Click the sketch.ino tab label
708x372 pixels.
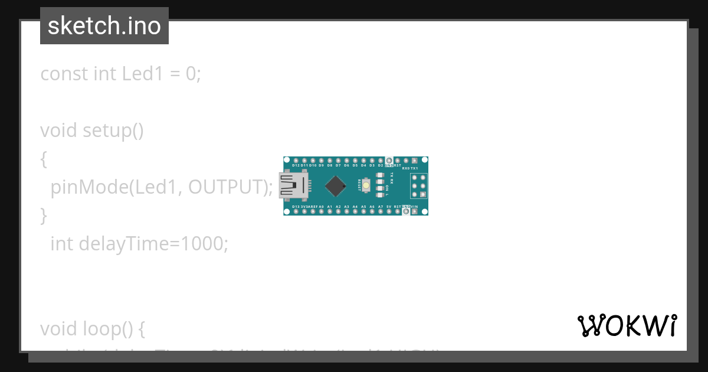click(x=104, y=26)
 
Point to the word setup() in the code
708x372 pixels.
click(x=113, y=130)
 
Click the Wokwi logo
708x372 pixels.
click(x=627, y=325)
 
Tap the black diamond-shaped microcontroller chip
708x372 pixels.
click(x=335, y=186)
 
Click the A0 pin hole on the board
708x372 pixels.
click(x=321, y=211)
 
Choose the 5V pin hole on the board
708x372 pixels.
click(x=389, y=211)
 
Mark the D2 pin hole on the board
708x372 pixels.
click(x=381, y=161)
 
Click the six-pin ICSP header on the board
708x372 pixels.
click(x=419, y=186)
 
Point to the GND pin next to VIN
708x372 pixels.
click(x=406, y=211)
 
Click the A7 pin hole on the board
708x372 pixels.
click(x=381, y=211)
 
